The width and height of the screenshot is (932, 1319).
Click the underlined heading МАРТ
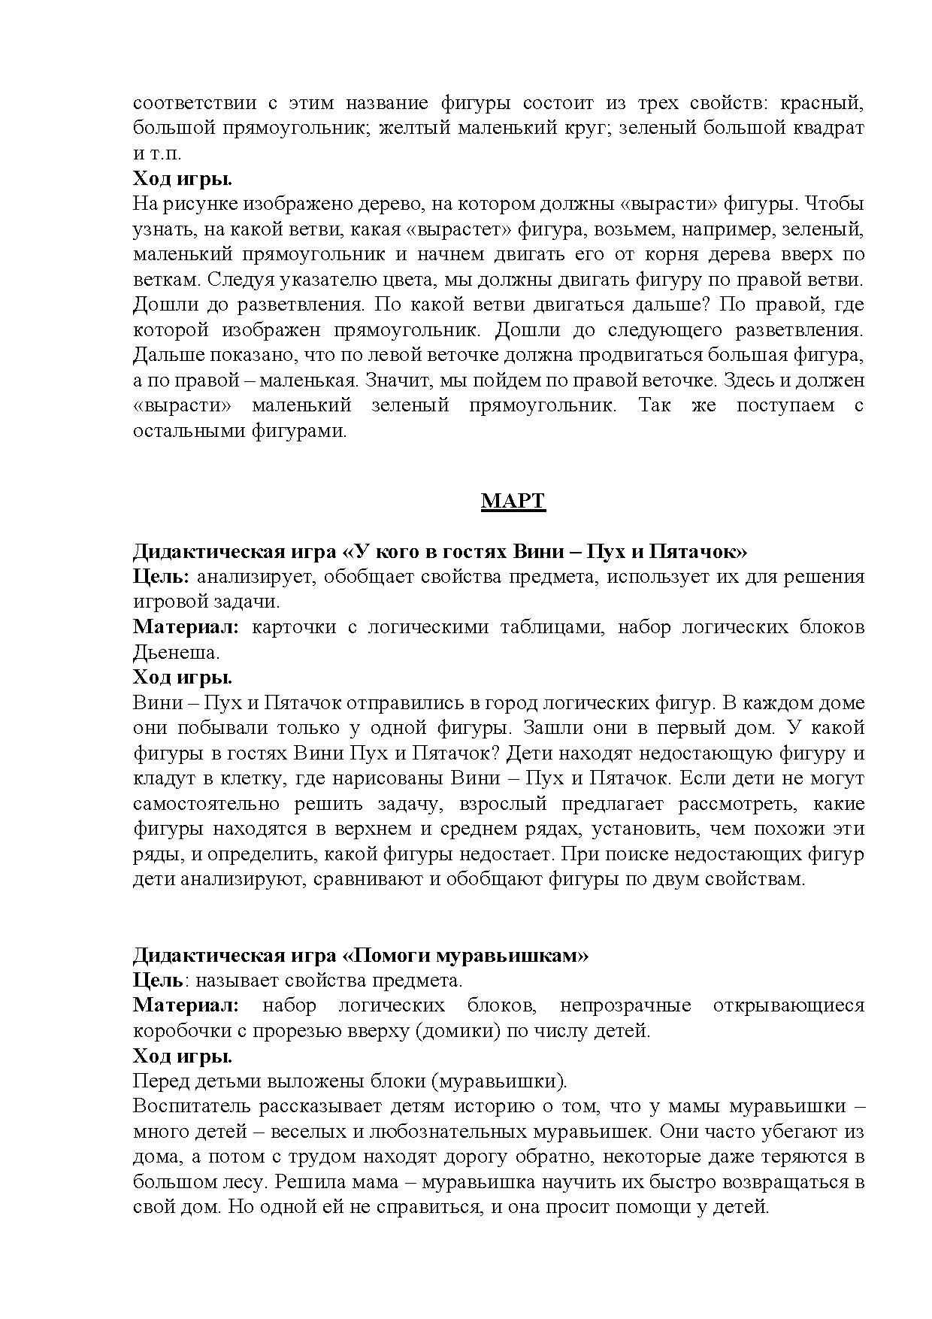pyautogui.click(x=513, y=501)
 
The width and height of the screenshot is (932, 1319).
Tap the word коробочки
pyautogui.click(x=179, y=1030)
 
